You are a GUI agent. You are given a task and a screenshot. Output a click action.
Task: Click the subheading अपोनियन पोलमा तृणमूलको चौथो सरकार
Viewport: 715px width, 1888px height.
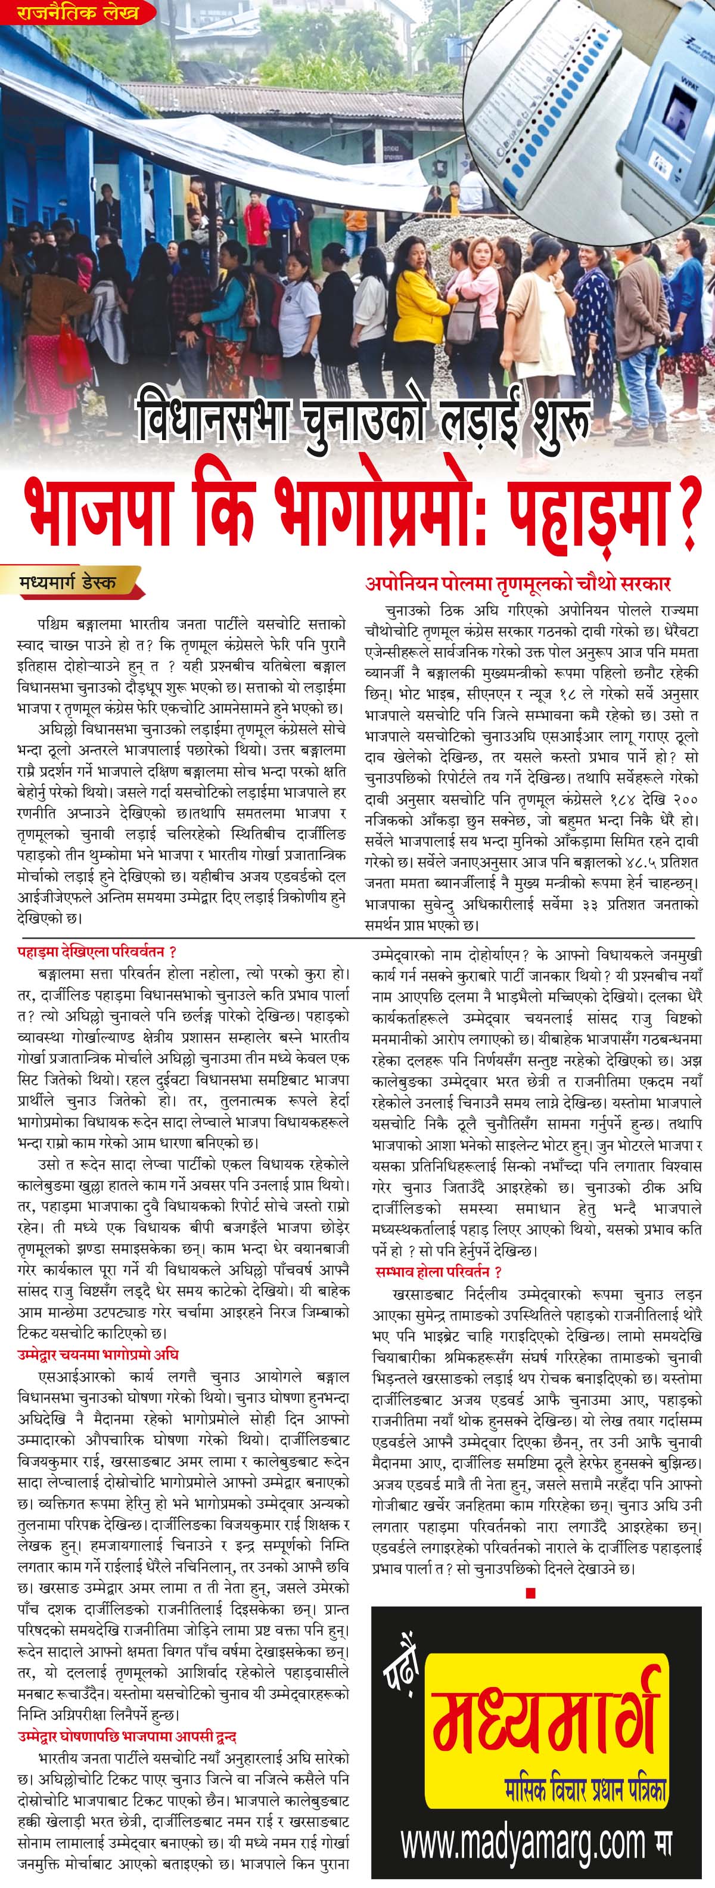coord(518,584)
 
